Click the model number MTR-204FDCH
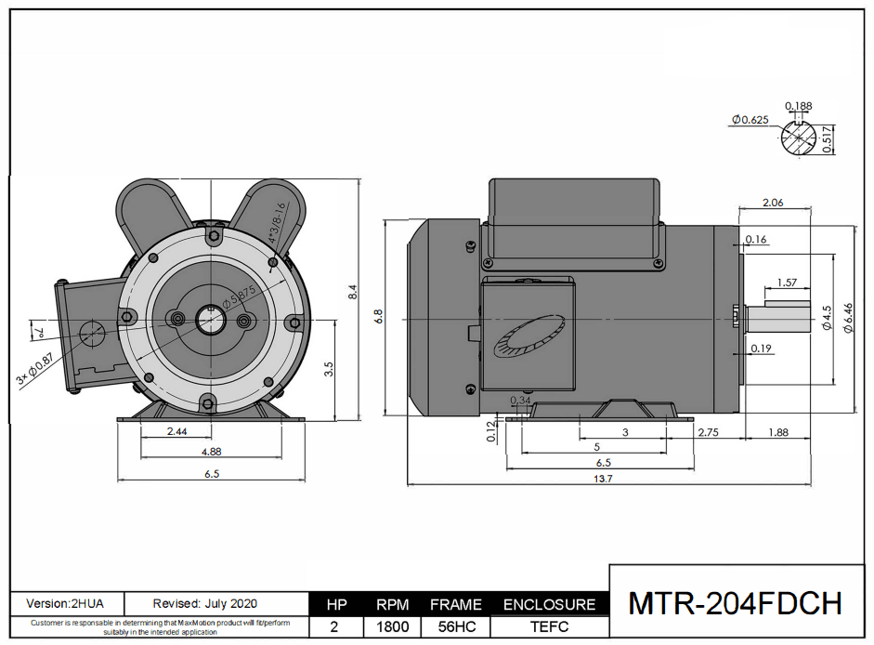tap(735, 603)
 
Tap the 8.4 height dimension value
tap(352, 292)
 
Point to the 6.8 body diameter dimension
tap(379, 316)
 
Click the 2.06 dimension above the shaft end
tap(774, 202)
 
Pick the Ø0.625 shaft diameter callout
tap(750, 119)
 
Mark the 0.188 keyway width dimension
tap(798, 105)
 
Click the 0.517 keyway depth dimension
tap(828, 139)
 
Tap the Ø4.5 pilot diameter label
tap(826, 319)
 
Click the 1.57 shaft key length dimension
tap(787, 282)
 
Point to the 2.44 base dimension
tap(176, 432)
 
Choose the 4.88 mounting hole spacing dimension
tap(211, 452)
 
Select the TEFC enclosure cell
tap(548, 626)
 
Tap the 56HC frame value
tap(455, 626)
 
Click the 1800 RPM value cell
tap(393, 626)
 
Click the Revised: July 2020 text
tap(205, 603)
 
